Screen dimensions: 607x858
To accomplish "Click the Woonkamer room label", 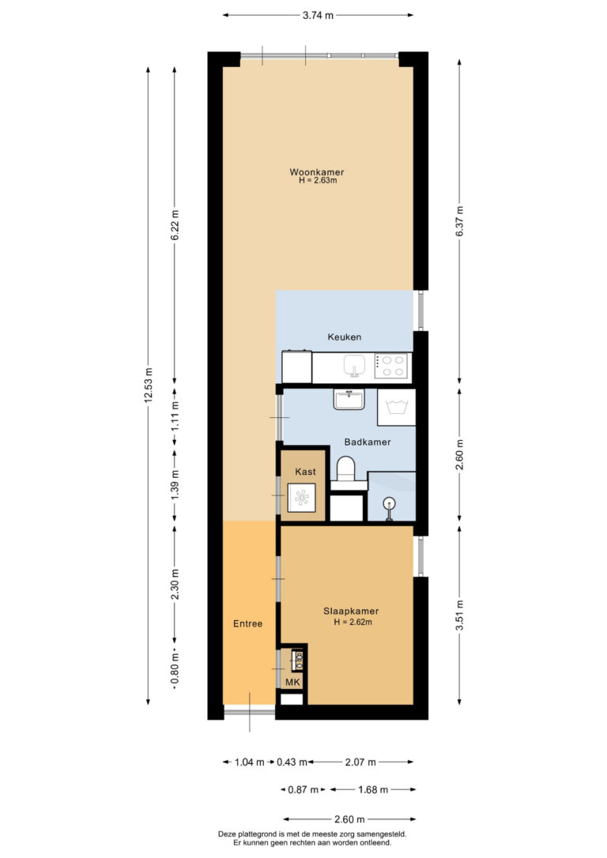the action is click(x=317, y=171).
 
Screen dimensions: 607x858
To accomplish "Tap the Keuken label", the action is click(x=345, y=337).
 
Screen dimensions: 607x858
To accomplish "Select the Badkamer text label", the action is click(x=368, y=442).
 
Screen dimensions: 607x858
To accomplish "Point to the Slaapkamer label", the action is click(x=351, y=612).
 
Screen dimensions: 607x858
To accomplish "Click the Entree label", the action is click(x=247, y=624).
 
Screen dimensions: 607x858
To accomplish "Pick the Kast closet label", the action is click(x=305, y=472).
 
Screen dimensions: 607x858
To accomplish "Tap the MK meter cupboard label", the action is click(x=292, y=683).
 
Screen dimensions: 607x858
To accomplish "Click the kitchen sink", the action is click(x=354, y=366).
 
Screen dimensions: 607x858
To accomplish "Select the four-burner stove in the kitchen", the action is click(x=391, y=366).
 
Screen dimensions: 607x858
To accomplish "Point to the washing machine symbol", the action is click(x=396, y=407).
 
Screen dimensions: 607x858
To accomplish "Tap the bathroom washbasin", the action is click(x=349, y=399).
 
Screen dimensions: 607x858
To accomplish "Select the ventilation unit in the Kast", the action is click(x=302, y=498).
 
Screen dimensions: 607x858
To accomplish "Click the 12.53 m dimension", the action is click(x=149, y=386).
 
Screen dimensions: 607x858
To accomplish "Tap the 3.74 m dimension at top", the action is click(x=318, y=15).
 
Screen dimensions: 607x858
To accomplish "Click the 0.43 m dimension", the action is click(x=288, y=762).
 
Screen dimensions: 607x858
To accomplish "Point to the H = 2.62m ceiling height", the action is click(x=353, y=622).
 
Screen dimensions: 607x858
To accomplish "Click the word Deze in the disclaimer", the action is click(x=227, y=834).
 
